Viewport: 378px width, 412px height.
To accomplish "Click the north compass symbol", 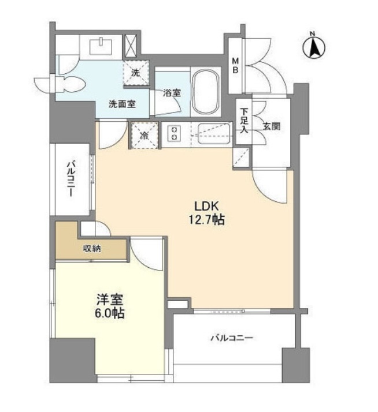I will (x=314, y=47).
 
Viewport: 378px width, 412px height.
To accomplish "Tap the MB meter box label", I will (x=236, y=65).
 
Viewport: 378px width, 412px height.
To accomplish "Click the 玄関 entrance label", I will (x=273, y=126).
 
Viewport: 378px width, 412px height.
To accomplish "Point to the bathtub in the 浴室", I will (x=206, y=92).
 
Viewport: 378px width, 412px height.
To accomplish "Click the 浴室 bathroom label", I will (x=172, y=92).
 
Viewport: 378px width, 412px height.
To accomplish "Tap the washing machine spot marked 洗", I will (x=136, y=73).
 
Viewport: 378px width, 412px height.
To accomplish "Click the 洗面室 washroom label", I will (x=122, y=104).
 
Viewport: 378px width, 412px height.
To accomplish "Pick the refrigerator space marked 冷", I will (x=142, y=137).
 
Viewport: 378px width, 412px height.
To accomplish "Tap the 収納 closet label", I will (x=91, y=249).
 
